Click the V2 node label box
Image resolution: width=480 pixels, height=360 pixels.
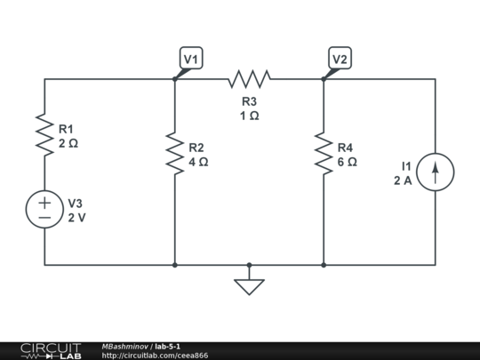pyautogui.click(x=340, y=59)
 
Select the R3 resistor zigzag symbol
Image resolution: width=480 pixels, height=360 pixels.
pyautogui.click(x=249, y=79)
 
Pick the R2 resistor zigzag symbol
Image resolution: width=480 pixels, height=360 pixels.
pyautogui.click(x=175, y=155)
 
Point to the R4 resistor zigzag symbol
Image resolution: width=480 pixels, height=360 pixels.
pyautogui.click(x=324, y=155)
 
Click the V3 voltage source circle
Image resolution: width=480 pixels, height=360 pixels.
pyautogui.click(x=44, y=210)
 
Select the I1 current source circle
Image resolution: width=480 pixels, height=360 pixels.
pyautogui.click(x=435, y=172)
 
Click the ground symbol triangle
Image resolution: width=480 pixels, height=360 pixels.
pyautogui.click(x=249, y=286)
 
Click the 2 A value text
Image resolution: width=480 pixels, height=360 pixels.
pyautogui.click(x=403, y=180)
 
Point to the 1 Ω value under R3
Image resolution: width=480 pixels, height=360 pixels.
pyautogui.click(x=249, y=116)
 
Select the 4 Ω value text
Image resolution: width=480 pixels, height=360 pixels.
pyautogui.click(x=198, y=162)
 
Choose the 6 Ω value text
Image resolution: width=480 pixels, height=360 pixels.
pyautogui.click(x=347, y=162)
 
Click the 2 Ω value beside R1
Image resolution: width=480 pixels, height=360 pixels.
pyautogui.click(x=68, y=142)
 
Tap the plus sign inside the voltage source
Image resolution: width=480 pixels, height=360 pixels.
pyautogui.click(x=44, y=202)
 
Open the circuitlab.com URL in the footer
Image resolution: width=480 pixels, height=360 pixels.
pyautogui.click(x=155, y=356)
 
